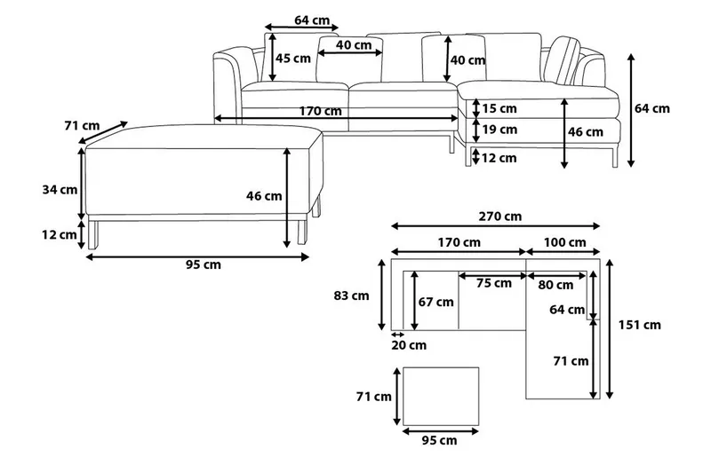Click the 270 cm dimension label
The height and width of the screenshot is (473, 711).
500,216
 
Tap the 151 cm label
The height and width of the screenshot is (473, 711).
641,325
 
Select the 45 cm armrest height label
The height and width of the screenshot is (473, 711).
292,59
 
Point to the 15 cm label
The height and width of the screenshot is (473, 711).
499,109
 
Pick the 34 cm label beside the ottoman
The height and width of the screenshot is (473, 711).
60,189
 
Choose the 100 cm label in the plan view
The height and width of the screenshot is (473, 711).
564,242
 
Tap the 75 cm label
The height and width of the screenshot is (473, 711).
493,283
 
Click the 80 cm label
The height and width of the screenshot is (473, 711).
555,285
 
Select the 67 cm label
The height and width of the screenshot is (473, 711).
436,302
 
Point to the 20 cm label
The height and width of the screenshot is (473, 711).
409,344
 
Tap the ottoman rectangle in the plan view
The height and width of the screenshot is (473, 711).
441,395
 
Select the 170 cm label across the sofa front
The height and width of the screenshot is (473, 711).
321,111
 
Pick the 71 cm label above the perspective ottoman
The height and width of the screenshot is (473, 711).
82,126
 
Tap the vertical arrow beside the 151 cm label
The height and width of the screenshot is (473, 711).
610,327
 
